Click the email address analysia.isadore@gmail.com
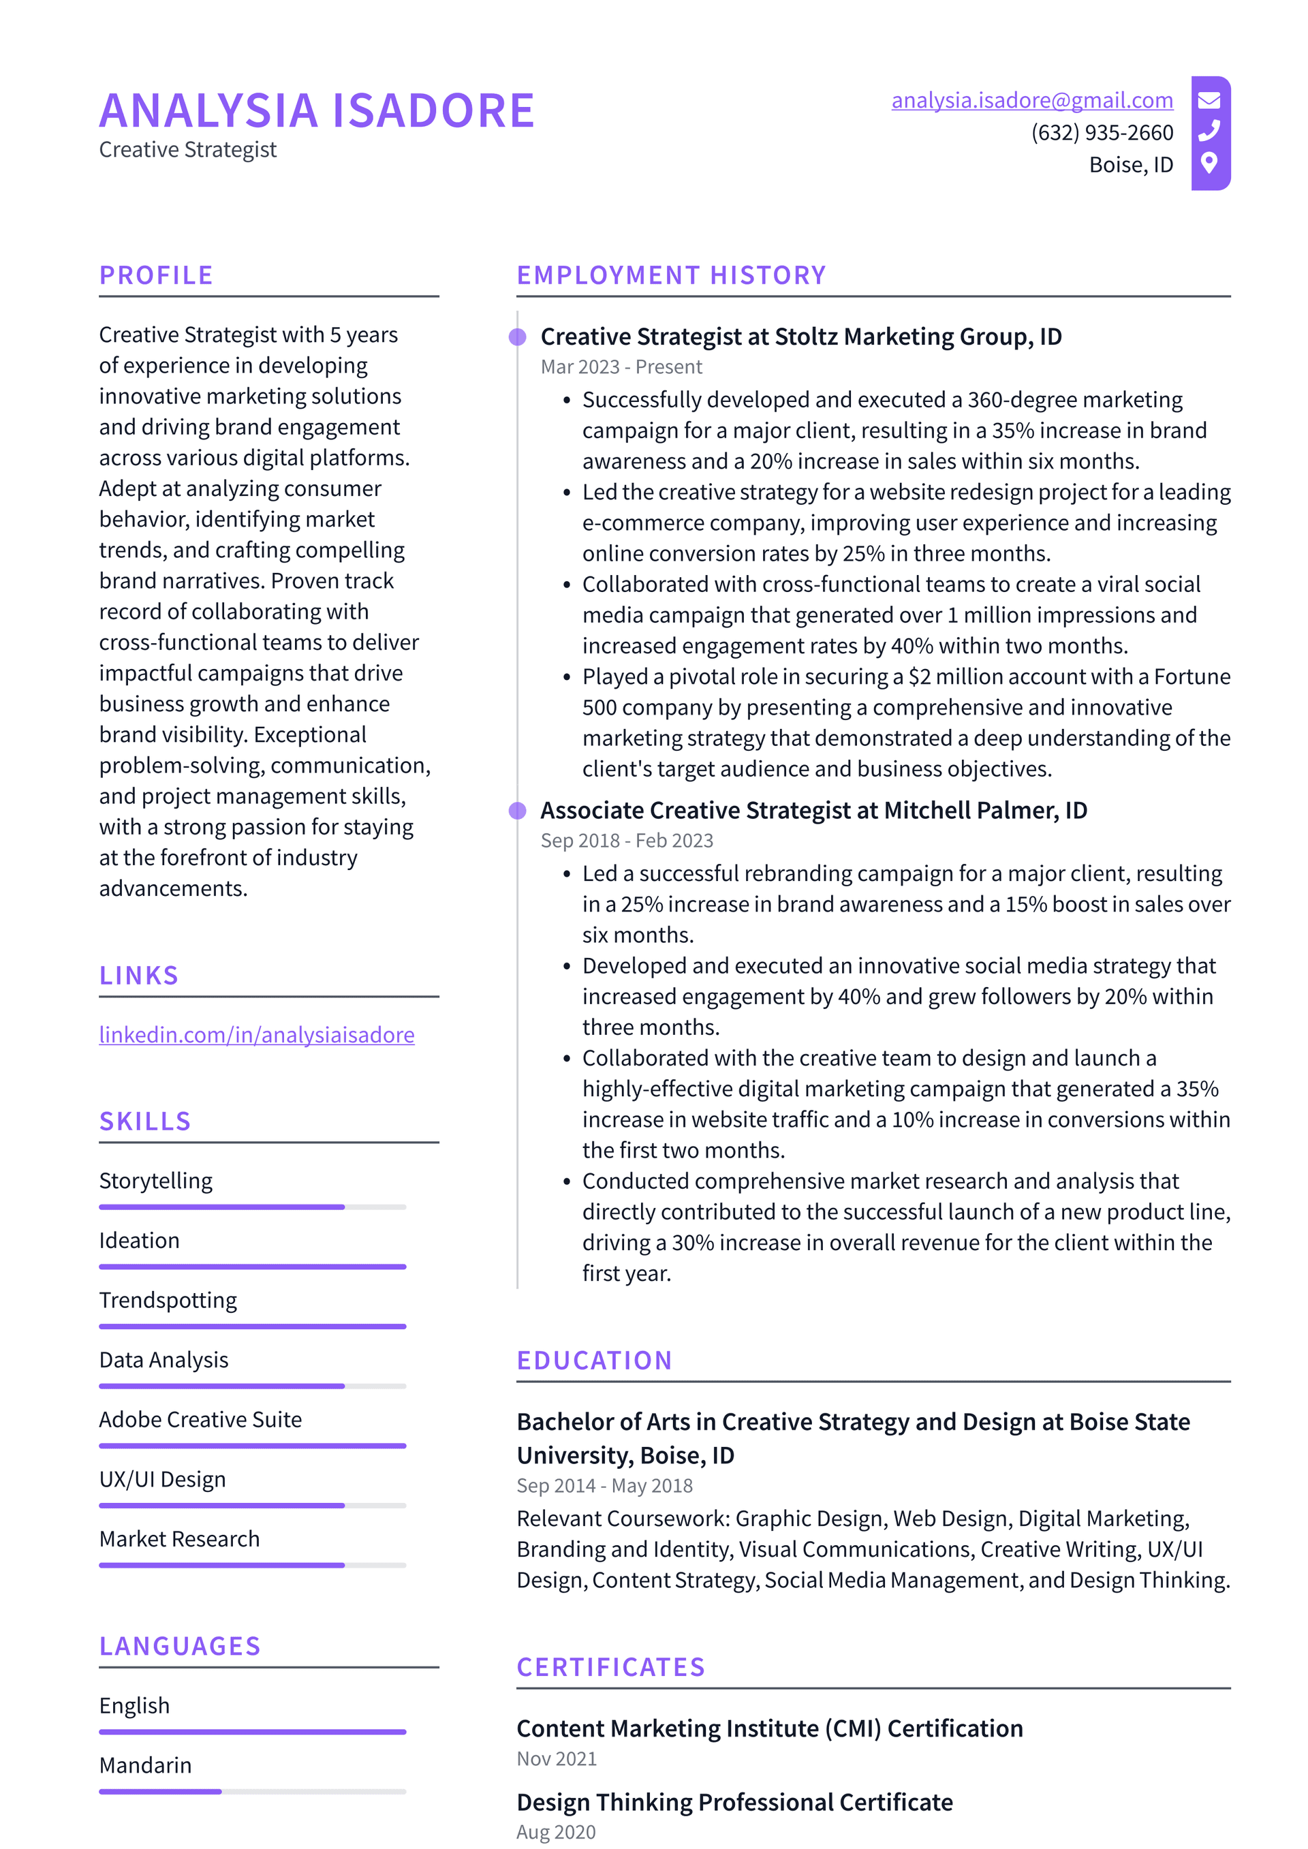[1031, 101]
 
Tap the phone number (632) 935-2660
[1102, 133]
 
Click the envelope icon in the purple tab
[1209, 101]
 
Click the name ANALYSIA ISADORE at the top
[317, 111]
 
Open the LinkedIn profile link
[256, 1035]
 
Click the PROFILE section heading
[156, 275]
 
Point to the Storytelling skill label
[155, 1181]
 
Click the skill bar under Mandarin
[252, 1792]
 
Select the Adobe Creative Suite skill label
[200, 1420]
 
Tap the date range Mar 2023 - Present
[621, 367]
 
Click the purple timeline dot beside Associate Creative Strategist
[518, 811]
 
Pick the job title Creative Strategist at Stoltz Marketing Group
[800, 337]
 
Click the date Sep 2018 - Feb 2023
[627, 841]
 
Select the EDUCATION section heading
[595, 1361]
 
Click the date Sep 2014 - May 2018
[604, 1486]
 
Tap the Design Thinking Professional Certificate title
[734, 1802]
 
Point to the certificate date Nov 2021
[557, 1760]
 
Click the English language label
[134, 1706]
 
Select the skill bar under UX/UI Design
[252, 1505]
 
